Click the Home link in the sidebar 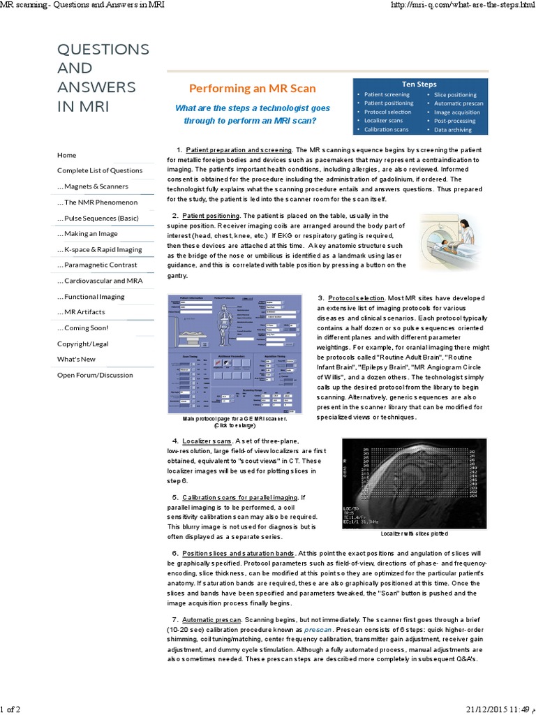click(x=67, y=155)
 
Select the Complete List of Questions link click(x=100, y=170)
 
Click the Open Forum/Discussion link click(x=95, y=375)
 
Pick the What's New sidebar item click(x=77, y=359)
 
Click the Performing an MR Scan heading click(x=253, y=89)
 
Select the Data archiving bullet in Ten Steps click(x=453, y=130)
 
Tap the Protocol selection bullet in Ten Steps click(x=387, y=112)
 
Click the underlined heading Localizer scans click(x=207, y=441)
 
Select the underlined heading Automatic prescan click(x=211, y=620)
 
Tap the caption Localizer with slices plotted click(x=415, y=533)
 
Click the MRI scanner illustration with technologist click(x=447, y=242)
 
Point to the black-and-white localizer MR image click(x=415, y=482)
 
